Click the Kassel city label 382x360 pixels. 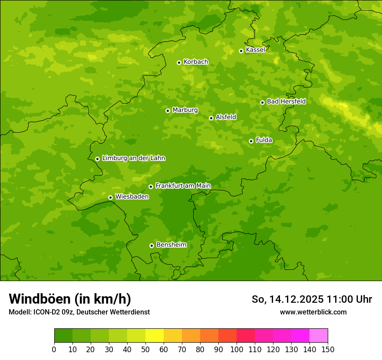pyautogui.click(x=255, y=50)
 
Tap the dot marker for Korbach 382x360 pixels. pyautogui.click(x=179, y=62)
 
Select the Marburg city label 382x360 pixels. pyautogui.click(x=185, y=110)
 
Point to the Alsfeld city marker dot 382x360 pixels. pyautogui.click(x=211, y=118)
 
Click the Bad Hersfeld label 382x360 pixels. pyautogui.click(x=286, y=101)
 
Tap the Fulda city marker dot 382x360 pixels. pyautogui.click(x=251, y=141)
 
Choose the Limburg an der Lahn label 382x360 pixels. pyautogui.click(x=133, y=158)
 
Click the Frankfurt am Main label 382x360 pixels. pyautogui.click(x=183, y=186)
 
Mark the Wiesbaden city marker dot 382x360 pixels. pyautogui.click(x=110, y=197)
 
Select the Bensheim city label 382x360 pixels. pyautogui.click(x=171, y=245)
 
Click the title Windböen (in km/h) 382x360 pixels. pyautogui.click(x=70, y=299)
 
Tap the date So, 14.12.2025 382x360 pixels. pyautogui.click(x=288, y=299)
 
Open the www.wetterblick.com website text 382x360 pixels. pyautogui.click(x=313, y=312)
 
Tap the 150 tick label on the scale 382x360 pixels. pyautogui.click(x=328, y=349)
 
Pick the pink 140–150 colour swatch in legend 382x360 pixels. pyautogui.click(x=319, y=336)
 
